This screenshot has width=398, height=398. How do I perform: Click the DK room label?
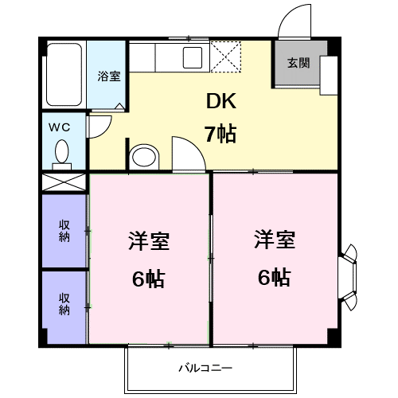pos(220,102)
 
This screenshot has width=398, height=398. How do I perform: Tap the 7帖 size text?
pos(220,133)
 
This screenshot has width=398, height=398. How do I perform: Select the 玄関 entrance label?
pos(298,63)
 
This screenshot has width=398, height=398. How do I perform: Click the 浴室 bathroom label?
pos(109,77)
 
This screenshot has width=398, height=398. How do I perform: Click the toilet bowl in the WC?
pos(61,151)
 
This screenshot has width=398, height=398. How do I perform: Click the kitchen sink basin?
pos(193,57)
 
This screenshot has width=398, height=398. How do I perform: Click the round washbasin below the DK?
pos(144,156)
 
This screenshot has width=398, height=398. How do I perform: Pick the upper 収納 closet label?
pos(64,231)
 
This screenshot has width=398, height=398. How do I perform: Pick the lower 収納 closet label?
pos(64,303)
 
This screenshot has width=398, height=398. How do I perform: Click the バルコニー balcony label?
pos(205,369)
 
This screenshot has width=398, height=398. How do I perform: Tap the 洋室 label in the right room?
pos(275,240)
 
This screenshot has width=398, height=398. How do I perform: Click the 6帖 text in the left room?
pos(147,279)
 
